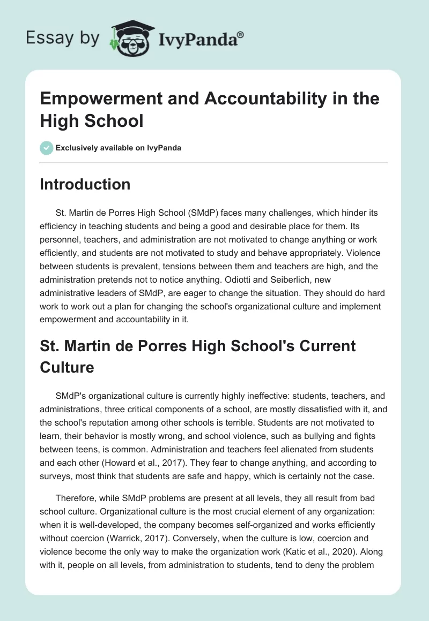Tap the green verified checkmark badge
click(47, 148)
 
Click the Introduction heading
click(85, 184)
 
